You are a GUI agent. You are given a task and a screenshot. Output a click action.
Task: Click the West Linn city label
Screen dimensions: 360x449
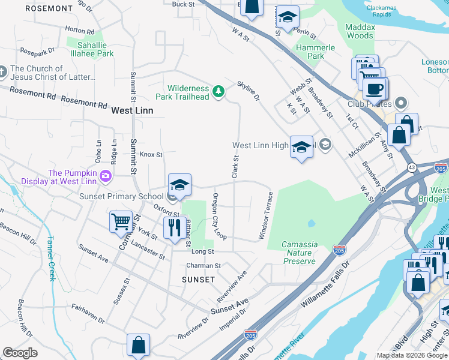pyautogui.click(x=132, y=110)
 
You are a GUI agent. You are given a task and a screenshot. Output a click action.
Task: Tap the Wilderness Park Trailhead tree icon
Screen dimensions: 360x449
pyautogui.click(x=220, y=91)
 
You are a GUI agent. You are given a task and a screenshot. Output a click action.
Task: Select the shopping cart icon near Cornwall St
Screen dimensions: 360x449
pyautogui.click(x=121, y=221)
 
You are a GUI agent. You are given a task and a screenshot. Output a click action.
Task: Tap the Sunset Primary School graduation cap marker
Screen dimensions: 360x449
pyautogui.click(x=179, y=185)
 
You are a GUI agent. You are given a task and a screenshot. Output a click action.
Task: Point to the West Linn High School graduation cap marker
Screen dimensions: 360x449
pyautogui.click(x=301, y=146)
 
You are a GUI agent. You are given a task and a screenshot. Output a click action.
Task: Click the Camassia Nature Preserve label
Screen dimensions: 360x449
pyautogui.click(x=300, y=253)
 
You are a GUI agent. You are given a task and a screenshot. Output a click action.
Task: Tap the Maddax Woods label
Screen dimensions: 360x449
pyautogui.click(x=360, y=31)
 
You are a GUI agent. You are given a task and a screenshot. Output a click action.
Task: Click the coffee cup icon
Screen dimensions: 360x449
pyautogui.click(x=375, y=89)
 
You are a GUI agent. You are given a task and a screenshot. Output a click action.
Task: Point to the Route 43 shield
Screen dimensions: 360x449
pyautogui.click(x=411, y=166)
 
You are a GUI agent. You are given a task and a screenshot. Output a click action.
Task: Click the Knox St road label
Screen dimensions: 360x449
pyautogui.click(x=151, y=154)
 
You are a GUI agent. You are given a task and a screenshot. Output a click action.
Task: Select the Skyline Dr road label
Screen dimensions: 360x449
pyautogui.click(x=249, y=90)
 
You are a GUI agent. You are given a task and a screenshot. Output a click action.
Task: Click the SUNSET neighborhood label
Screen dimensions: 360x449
pyautogui.click(x=198, y=280)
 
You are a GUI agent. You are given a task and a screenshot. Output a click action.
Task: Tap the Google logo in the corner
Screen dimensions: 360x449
pyautogui.click(x=20, y=353)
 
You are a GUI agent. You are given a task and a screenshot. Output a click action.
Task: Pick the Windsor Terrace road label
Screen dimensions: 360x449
pyautogui.click(x=266, y=216)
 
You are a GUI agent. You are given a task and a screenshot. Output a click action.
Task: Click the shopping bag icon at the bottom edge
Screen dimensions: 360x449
pyautogui.click(x=138, y=346)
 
